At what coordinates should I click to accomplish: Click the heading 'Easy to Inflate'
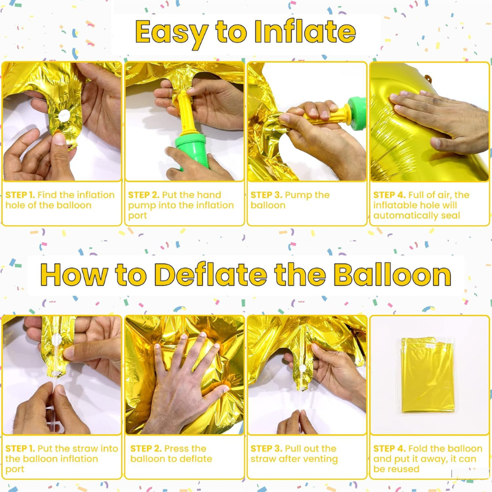(x=245, y=33)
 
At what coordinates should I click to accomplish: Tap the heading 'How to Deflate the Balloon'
(x=245, y=275)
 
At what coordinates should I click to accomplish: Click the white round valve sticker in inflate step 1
(x=65, y=116)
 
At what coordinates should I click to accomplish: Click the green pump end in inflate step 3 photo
(x=357, y=113)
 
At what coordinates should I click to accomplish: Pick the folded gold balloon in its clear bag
(x=427, y=375)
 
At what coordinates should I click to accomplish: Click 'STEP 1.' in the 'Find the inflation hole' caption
(x=20, y=195)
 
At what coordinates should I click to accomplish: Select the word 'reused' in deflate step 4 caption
(x=404, y=469)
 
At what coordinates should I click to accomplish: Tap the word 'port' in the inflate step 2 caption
(x=137, y=216)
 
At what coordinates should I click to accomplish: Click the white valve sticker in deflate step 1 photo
(x=57, y=339)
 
